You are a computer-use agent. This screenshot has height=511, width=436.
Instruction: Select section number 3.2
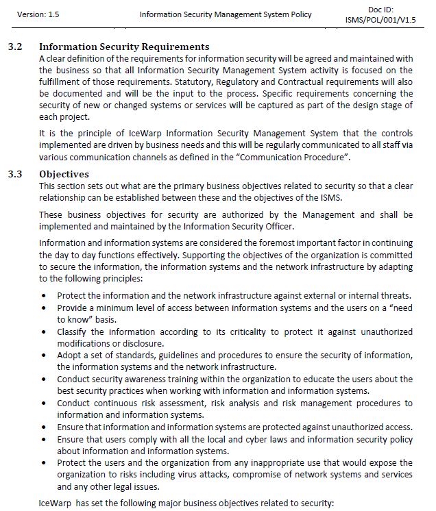(15, 47)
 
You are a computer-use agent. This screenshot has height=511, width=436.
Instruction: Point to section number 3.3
(15, 174)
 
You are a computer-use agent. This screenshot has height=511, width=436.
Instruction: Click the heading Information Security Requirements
(124, 47)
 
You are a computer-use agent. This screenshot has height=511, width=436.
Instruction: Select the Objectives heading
(64, 174)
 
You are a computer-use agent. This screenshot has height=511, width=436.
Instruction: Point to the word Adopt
(70, 355)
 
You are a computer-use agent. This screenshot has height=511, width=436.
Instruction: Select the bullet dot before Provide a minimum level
(44, 308)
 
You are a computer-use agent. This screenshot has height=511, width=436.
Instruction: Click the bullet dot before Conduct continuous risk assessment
(44, 403)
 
